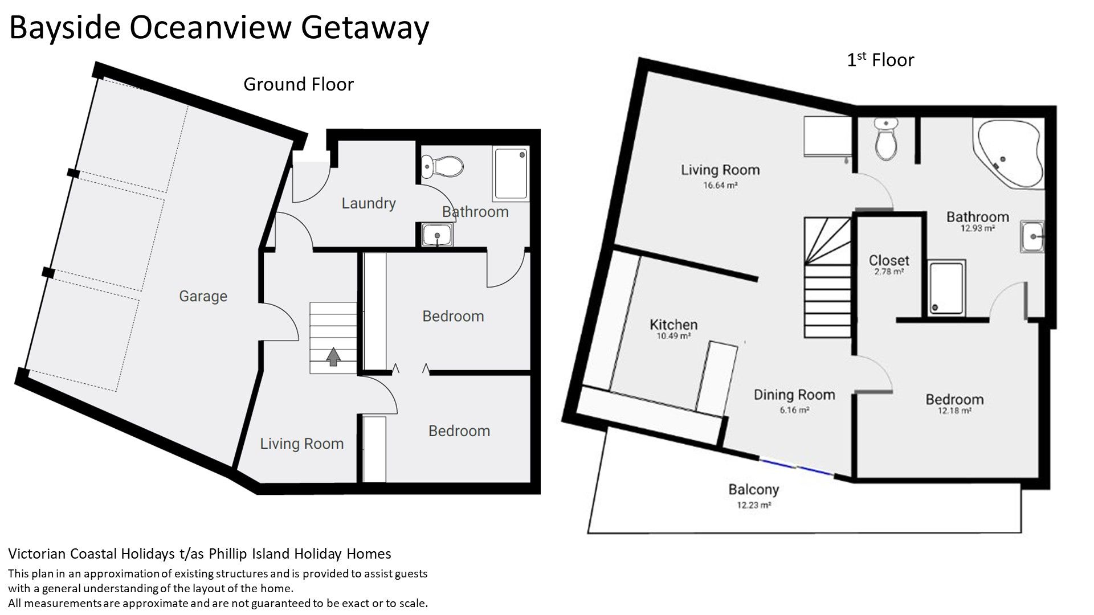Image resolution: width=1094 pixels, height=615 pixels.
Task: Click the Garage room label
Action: pos(203,296)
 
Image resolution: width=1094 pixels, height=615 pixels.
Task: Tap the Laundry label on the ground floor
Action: pos(369,203)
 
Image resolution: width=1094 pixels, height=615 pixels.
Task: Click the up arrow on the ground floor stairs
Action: pos(334,356)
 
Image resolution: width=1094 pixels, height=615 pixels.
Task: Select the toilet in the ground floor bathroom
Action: pos(443,167)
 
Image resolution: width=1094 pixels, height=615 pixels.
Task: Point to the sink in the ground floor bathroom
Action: pos(437,235)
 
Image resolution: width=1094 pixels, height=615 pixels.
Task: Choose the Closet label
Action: pos(889,260)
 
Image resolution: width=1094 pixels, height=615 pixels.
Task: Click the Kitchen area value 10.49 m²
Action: pos(673,337)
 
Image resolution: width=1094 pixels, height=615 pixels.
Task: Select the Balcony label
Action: pos(753,489)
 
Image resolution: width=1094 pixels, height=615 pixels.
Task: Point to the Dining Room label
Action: pos(794,395)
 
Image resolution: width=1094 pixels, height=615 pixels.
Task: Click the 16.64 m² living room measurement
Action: pos(721,185)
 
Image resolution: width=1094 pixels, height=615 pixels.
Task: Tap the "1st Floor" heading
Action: pos(880,60)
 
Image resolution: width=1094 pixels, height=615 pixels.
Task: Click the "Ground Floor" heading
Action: pos(299,84)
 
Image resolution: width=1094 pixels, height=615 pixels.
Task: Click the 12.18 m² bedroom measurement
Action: pos(954,411)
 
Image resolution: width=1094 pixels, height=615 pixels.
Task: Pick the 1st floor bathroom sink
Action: pos(1032,236)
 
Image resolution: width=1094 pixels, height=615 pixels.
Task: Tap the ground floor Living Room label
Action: pos(302,444)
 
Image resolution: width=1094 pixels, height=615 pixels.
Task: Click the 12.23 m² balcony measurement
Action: pos(754,505)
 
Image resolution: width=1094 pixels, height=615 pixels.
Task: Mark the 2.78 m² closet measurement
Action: pos(889,272)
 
